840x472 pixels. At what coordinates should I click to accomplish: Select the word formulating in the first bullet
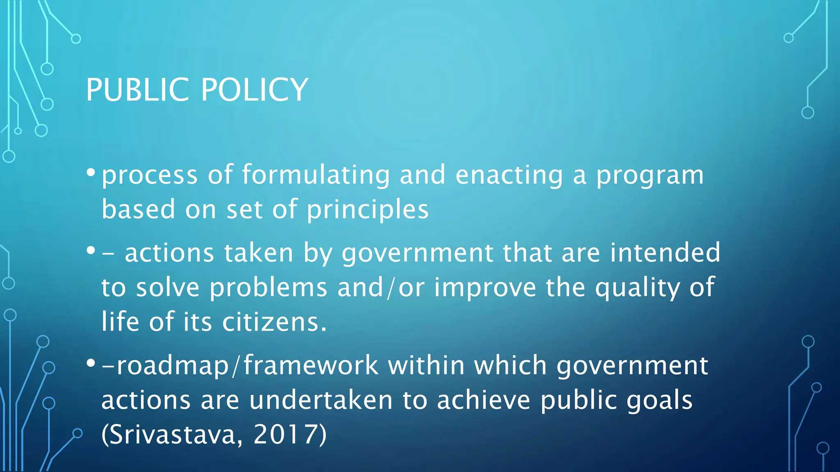point(316,175)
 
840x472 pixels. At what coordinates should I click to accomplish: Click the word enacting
point(509,175)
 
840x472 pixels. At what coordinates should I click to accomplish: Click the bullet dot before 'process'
point(91,172)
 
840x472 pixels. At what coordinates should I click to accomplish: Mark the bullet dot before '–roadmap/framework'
point(91,363)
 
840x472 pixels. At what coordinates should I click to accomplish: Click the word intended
point(665,252)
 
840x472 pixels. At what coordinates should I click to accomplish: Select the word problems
point(268,288)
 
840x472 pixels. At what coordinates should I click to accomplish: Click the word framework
point(311,365)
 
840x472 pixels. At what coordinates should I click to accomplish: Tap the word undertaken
point(321,400)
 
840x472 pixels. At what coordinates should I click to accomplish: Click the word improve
point(485,288)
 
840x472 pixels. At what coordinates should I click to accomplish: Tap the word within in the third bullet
point(426,365)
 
